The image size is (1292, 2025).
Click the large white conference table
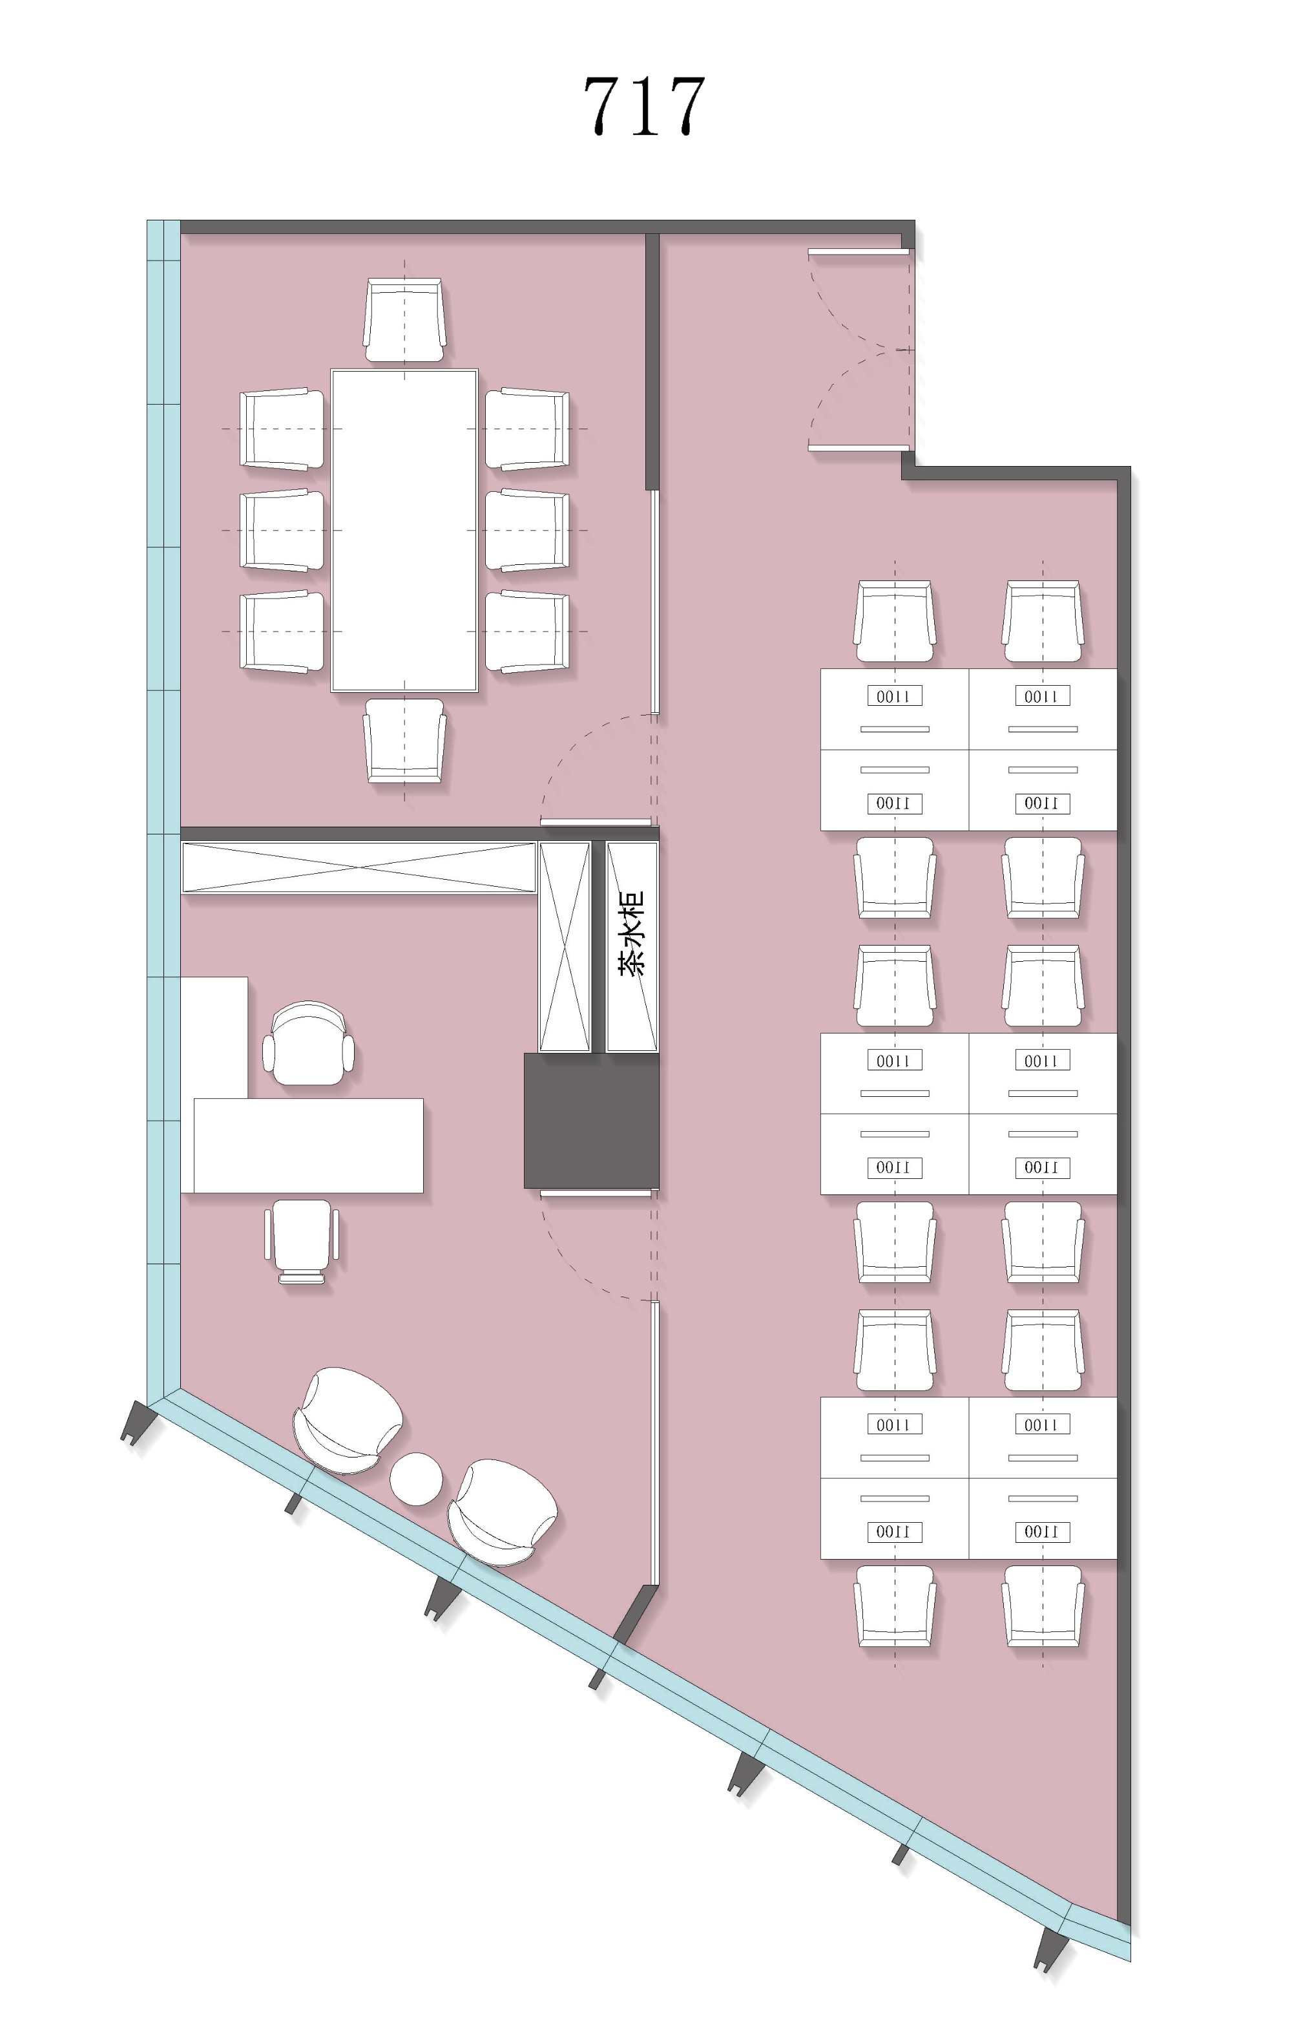[404, 530]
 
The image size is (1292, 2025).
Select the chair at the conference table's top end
[404, 321]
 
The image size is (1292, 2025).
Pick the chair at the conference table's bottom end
[404, 740]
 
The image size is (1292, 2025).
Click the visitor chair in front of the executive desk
[302, 1240]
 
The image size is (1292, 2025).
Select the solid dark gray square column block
[592, 1120]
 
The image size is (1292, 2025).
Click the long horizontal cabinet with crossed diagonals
[359, 867]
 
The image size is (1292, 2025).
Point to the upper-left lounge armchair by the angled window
[347, 1421]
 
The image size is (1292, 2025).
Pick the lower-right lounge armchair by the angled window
[502, 1512]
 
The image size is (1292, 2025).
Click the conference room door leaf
[595, 822]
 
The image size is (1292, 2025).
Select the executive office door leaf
[595, 1193]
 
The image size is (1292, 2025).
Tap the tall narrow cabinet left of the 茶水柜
[564, 946]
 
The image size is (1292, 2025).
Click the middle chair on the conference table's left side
[282, 530]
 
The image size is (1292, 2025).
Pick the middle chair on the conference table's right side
[527, 530]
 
